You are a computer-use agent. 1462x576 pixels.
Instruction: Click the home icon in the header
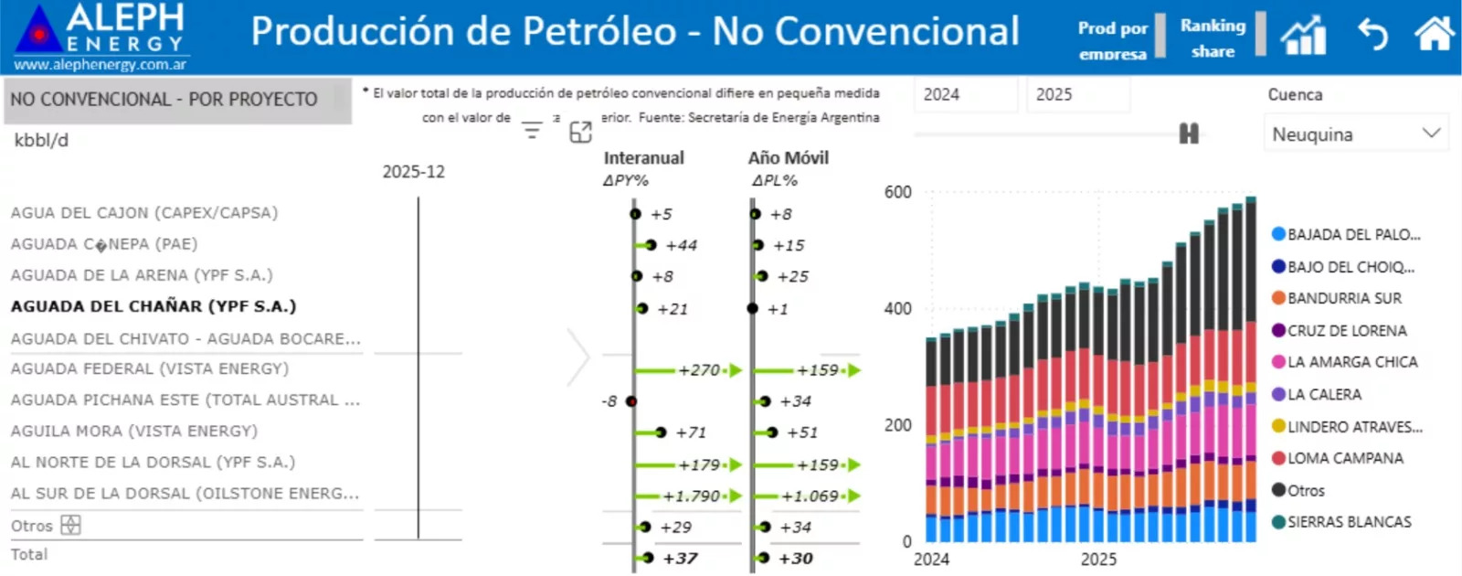tap(1434, 35)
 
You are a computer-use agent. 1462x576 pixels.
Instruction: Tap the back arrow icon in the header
tap(1372, 35)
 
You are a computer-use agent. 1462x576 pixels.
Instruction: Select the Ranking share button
tap(1213, 37)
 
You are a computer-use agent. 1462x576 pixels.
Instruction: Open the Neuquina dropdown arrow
tap(1431, 133)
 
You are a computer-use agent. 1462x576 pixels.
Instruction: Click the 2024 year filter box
tap(965, 94)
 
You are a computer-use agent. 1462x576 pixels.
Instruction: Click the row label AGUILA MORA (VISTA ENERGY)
tap(134, 431)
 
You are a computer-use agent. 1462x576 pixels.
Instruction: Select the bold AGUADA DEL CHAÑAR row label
tap(154, 306)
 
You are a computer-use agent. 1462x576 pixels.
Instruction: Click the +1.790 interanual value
tap(692, 496)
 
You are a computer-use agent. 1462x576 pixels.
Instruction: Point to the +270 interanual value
tap(699, 370)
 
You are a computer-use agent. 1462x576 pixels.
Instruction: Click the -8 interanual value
tap(609, 401)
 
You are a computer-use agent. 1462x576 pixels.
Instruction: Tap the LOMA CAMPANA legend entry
tap(1344, 458)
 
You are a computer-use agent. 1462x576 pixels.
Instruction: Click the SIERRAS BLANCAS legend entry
tap(1349, 522)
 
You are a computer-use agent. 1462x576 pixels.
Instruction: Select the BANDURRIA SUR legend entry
tap(1343, 298)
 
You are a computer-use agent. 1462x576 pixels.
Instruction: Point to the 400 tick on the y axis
tap(897, 309)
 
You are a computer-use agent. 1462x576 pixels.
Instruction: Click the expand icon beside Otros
tap(70, 526)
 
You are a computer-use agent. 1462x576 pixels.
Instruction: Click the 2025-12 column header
tap(413, 172)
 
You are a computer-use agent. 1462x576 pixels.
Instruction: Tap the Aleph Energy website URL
tap(101, 64)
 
